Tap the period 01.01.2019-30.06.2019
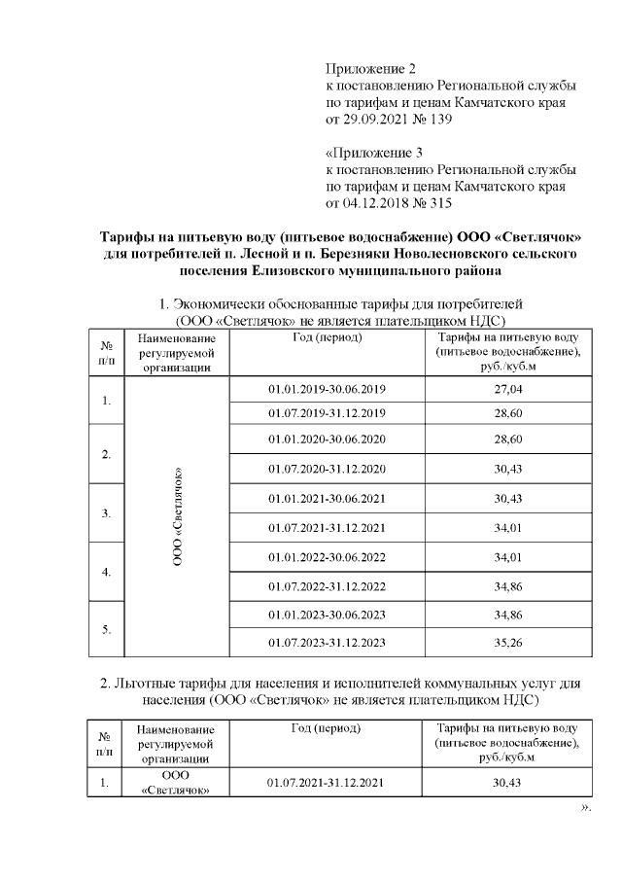pyautogui.click(x=327, y=389)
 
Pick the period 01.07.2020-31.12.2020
pyautogui.click(x=327, y=470)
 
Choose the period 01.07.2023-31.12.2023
pyautogui.click(x=327, y=643)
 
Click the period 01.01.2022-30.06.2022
pyautogui.click(x=327, y=557)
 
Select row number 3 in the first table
pyautogui.click(x=105, y=512)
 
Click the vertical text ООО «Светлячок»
pyautogui.click(x=178, y=516)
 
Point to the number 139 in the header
pyautogui.click(x=438, y=120)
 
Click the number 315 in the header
pyautogui.click(x=438, y=203)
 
